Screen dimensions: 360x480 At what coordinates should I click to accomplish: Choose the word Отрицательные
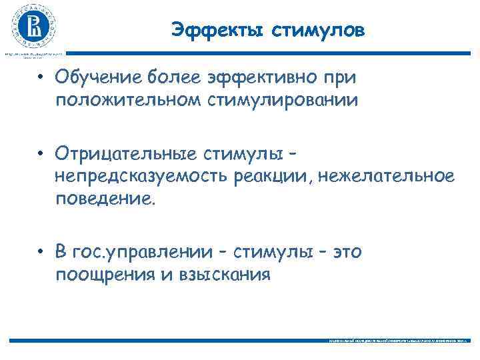[127, 154]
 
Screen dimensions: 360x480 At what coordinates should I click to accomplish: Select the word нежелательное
[388, 176]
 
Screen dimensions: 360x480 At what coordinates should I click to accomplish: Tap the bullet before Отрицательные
[41, 155]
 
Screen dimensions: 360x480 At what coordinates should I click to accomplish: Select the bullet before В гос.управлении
[41, 253]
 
